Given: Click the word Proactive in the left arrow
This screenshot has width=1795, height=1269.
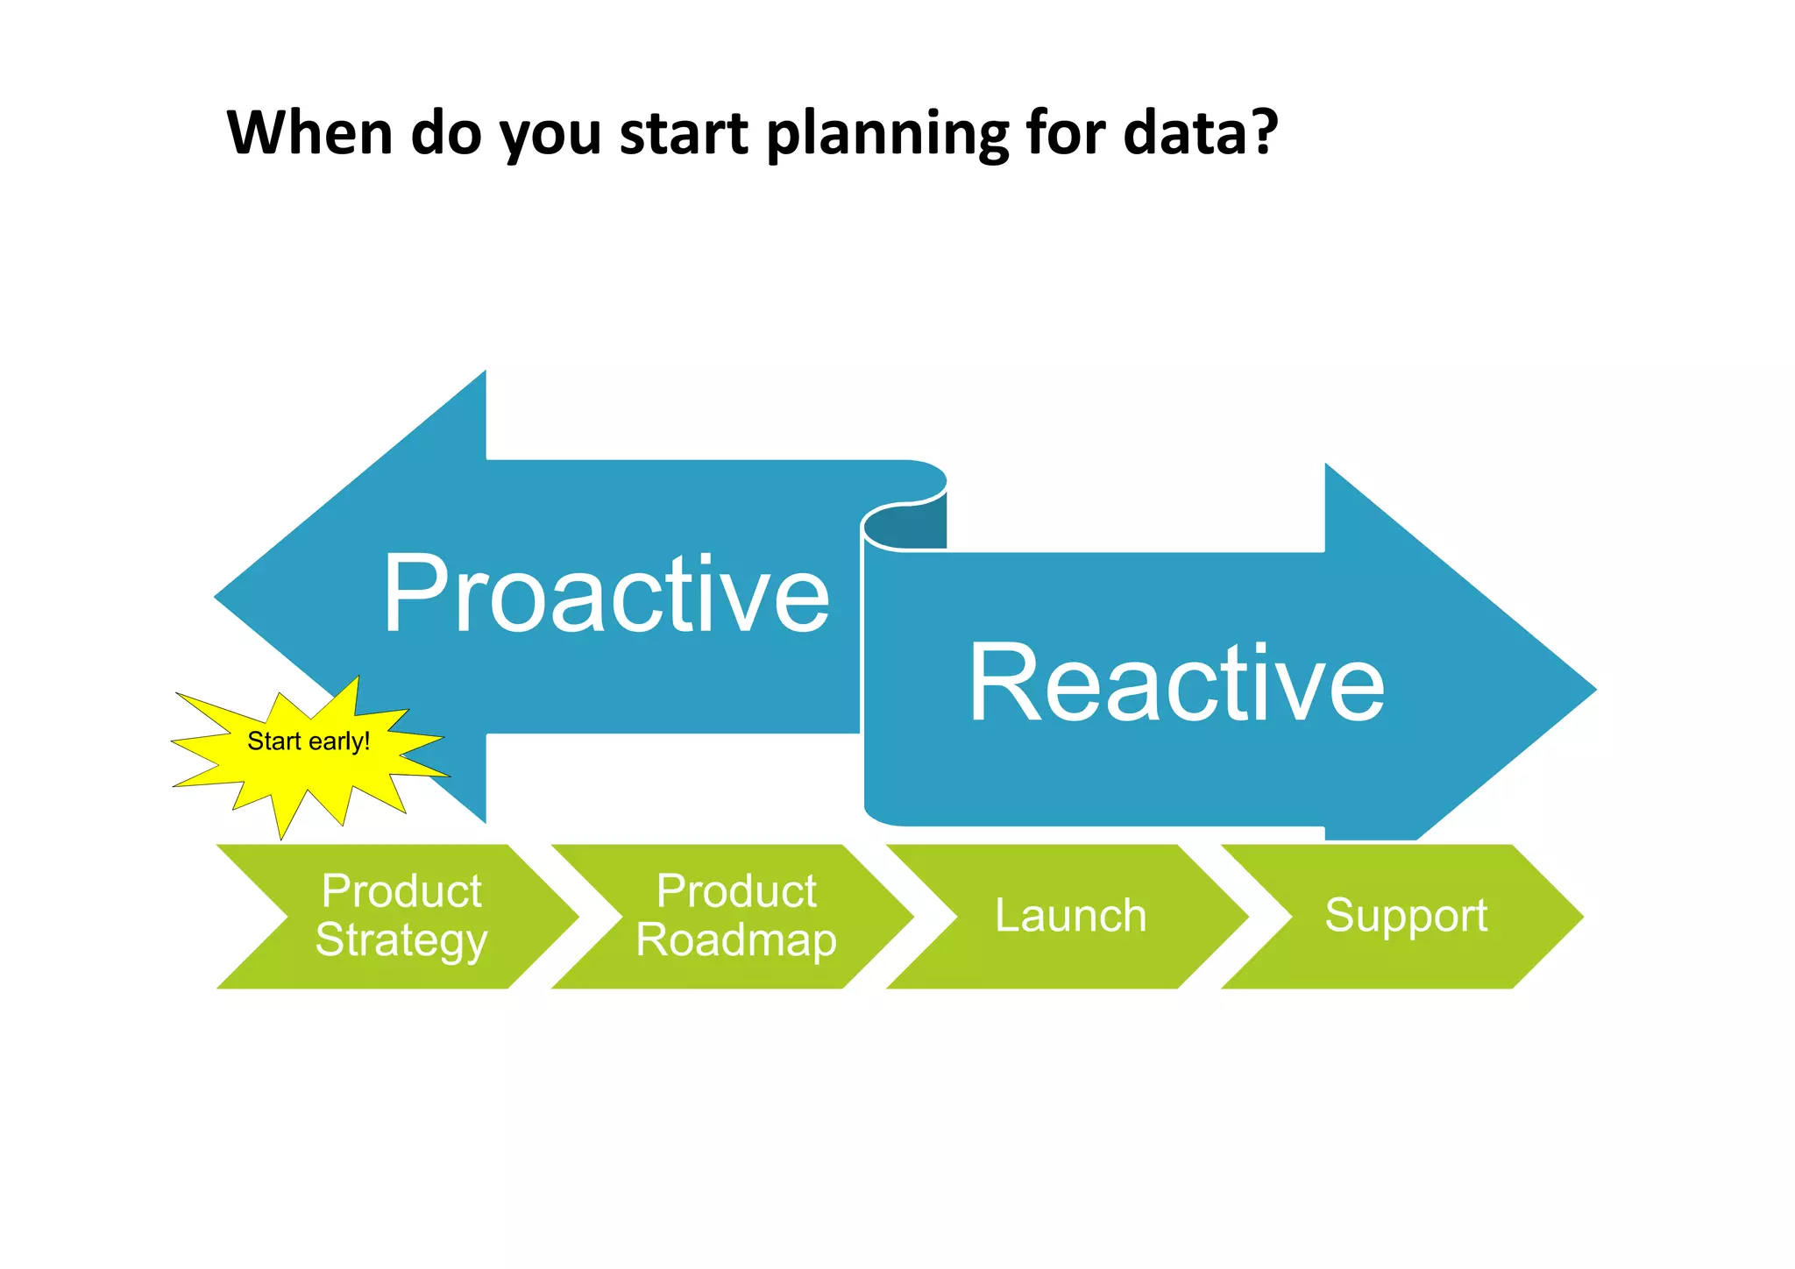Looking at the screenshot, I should [x=607, y=595].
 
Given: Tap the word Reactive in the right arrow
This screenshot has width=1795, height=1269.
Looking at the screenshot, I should [x=1176, y=684].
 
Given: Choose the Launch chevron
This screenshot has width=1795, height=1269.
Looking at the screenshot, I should [x=1070, y=917].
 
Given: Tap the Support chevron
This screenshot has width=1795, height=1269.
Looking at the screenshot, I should [x=1405, y=917].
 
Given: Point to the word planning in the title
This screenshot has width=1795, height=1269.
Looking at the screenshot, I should [x=888, y=135].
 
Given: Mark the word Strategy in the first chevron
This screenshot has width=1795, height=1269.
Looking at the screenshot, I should [x=401, y=941].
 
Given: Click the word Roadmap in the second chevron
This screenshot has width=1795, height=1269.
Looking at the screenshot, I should [x=736, y=940].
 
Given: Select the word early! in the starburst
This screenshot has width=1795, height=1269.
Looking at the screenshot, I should [x=340, y=742].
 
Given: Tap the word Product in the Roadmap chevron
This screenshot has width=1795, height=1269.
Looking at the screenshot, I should [x=736, y=892].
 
